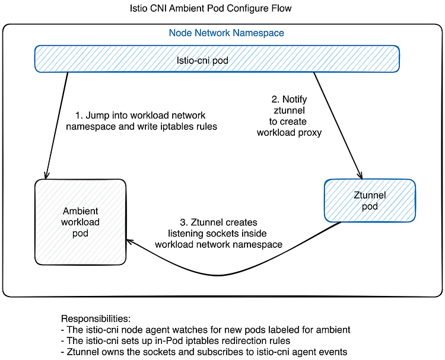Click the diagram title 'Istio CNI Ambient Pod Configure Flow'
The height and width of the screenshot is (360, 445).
211,8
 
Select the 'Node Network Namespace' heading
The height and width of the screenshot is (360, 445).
226,33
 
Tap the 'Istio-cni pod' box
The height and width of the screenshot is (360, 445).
217,59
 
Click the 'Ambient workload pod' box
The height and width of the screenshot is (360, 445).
80,222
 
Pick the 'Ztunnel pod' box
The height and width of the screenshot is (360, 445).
370,200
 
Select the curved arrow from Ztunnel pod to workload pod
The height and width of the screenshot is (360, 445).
218,275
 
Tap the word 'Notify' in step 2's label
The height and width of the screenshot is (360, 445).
294,99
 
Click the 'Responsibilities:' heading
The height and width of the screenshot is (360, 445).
96,318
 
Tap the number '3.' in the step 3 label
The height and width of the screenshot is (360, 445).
184,222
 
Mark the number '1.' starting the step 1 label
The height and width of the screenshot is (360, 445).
79,116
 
